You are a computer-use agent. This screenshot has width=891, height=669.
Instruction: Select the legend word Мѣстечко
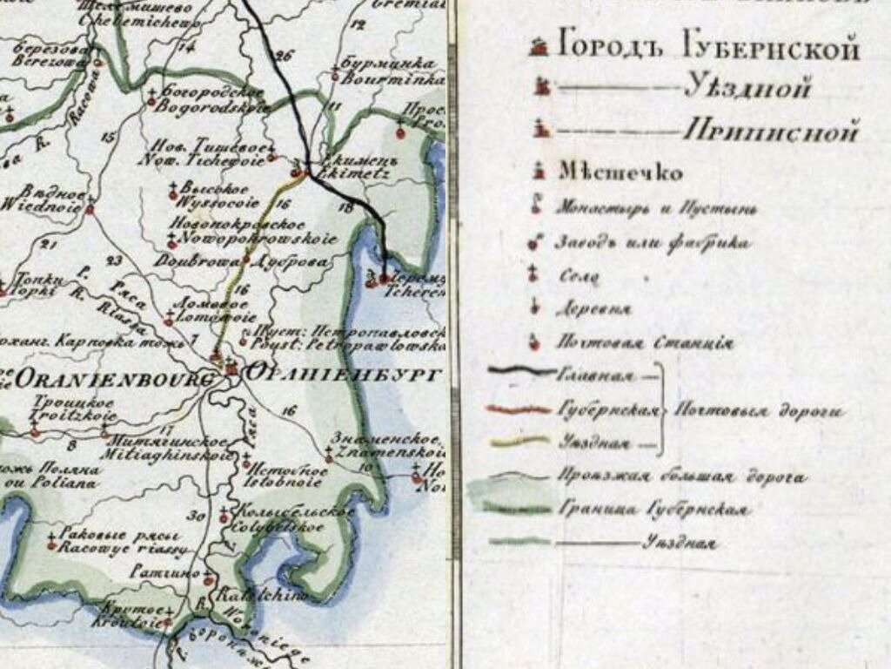pyautogui.click(x=620, y=172)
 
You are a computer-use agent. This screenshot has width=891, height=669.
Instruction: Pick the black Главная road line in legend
pyautogui.click(x=520, y=371)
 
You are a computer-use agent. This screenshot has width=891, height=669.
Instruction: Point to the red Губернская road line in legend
pyautogui.click(x=520, y=408)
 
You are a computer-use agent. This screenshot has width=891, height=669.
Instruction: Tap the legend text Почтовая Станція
pyautogui.click(x=645, y=342)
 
